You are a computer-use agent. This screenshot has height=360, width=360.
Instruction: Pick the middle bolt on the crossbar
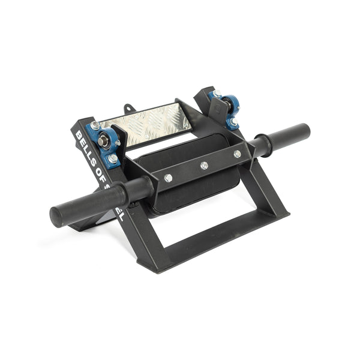[204, 165]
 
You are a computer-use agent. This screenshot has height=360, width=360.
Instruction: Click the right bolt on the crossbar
[237, 154]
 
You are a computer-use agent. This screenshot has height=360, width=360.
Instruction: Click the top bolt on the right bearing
[217, 94]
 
